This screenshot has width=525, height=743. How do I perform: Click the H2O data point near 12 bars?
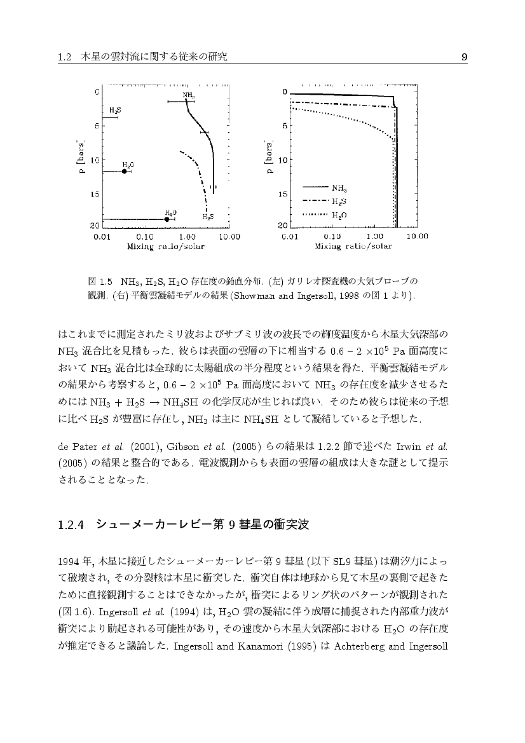(125, 171)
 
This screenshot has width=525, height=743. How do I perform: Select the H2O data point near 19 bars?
(167, 219)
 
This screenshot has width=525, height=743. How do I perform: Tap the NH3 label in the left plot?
(188, 95)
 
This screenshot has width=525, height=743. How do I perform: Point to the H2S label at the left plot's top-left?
(115, 110)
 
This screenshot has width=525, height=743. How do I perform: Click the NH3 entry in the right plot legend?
(339, 188)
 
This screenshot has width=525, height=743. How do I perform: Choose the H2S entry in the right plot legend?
(339, 201)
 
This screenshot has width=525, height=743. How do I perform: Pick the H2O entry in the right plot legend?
(339, 215)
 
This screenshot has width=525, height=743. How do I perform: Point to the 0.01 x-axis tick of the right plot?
(290, 236)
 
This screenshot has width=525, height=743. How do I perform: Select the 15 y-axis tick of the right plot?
(284, 195)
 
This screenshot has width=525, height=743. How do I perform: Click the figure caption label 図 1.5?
(99, 281)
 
